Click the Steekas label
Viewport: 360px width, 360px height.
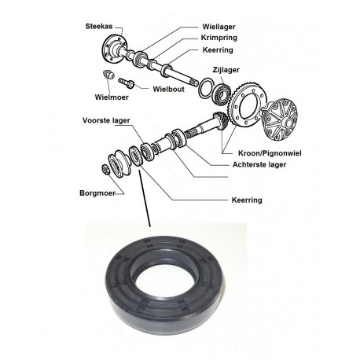[x=99, y=26]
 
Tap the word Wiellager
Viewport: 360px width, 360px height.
[x=219, y=27]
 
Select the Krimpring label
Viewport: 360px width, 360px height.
[x=219, y=38]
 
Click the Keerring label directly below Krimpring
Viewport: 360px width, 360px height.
[x=218, y=50]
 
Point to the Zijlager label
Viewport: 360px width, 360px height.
[x=226, y=70]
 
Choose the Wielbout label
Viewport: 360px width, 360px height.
[x=169, y=89]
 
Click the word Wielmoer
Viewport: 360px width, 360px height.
[x=112, y=97]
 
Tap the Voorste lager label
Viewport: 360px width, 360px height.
[x=106, y=120]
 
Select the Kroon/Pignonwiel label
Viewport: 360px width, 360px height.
[x=270, y=153]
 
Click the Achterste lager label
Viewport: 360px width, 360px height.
[x=259, y=164]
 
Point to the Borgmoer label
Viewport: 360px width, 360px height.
[x=97, y=193]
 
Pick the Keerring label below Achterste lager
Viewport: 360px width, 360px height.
[x=247, y=200]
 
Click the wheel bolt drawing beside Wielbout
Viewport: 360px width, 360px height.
[x=127, y=83]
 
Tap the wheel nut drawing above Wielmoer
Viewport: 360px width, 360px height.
[x=108, y=75]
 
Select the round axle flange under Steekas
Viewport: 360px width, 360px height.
[x=115, y=49]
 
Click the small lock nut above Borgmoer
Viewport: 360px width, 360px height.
[x=105, y=169]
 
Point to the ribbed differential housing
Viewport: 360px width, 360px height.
[x=280, y=119]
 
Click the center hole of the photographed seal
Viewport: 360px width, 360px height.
[x=163, y=281]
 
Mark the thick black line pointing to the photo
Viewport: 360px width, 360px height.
[x=145, y=198]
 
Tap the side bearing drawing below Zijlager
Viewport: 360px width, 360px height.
[x=222, y=93]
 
